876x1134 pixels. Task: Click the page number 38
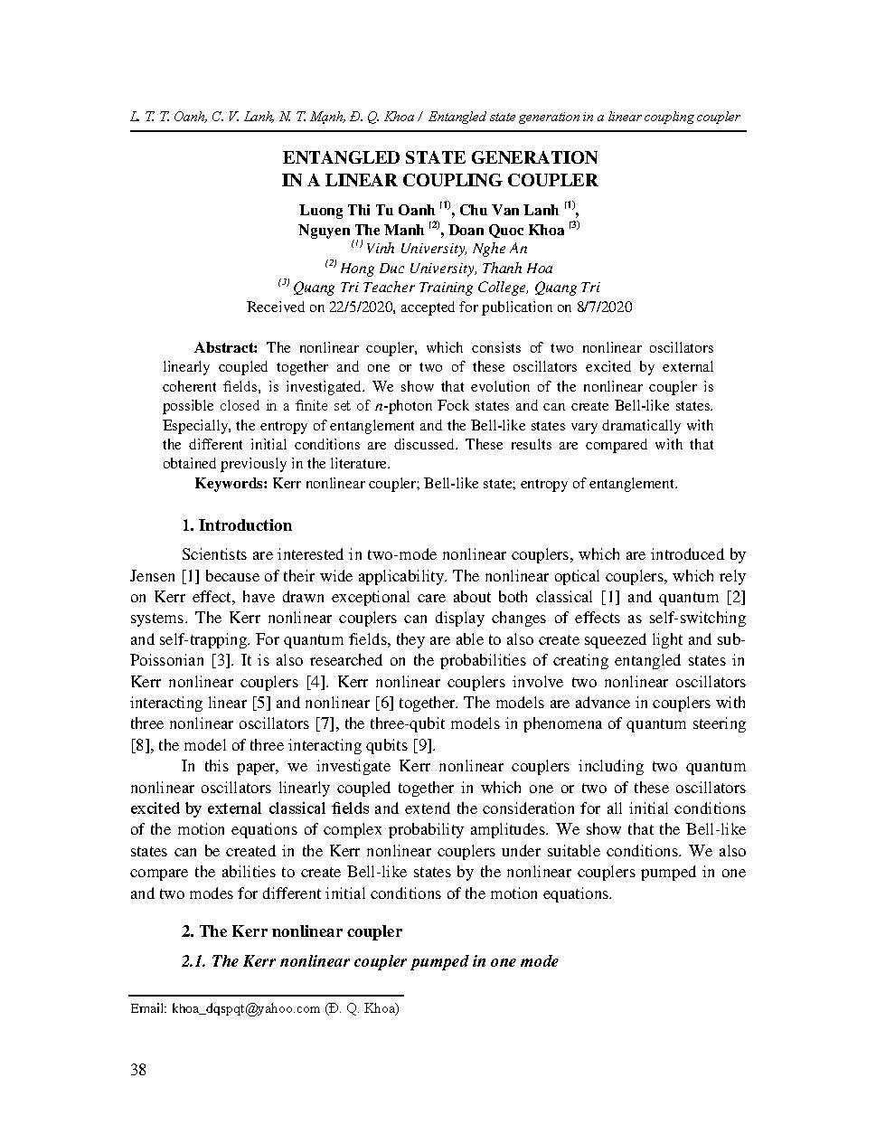tap(138, 1071)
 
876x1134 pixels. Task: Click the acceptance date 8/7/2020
tap(602, 307)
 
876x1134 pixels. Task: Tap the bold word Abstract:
tap(227, 348)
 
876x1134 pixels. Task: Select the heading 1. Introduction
tap(237, 525)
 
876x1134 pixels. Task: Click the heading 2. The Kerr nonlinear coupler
tap(292, 931)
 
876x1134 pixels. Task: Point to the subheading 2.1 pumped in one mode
tap(370, 961)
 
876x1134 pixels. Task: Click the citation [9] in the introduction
tap(423, 745)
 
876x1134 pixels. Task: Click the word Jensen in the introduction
tap(153, 576)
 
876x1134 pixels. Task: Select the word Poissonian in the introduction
tap(165, 661)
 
